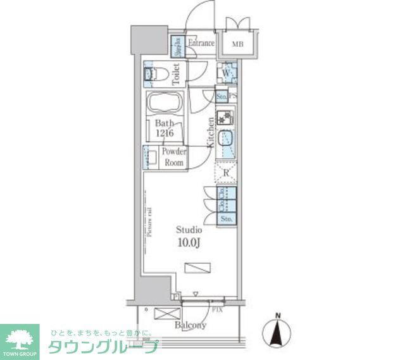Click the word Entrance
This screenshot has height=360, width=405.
pyautogui.click(x=202, y=44)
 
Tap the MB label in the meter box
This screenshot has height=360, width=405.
pyautogui.click(x=237, y=44)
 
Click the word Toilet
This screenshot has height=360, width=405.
pyautogui.click(x=177, y=75)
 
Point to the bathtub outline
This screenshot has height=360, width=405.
pyautogui.click(x=165, y=102)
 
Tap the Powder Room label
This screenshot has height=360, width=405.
pyautogui.click(x=173, y=157)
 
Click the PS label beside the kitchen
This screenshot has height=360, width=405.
pyautogui.click(x=233, y=97)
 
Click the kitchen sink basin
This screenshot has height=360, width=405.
pyautogui.click(x=226, y=139)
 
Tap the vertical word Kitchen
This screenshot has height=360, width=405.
pyautogui.click(x=210, y=133)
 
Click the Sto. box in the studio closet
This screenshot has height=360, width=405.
pyautogui.click(x=227, y=219)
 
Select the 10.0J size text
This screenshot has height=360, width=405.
pyautogui.click(x=189, y=242)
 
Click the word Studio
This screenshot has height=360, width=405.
pyautogui.click(x=189, y=230)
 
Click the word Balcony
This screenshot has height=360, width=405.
pyautogui.click(x=190, y=325)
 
